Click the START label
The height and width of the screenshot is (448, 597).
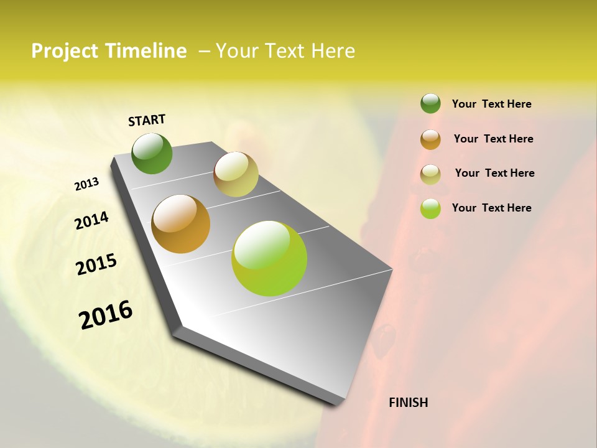(147, 120)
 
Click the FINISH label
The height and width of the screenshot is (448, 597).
(408, 403)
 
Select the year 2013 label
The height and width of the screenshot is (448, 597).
(86, 184)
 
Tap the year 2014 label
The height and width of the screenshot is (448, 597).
(91, 221)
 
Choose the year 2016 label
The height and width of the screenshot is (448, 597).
(106, 315)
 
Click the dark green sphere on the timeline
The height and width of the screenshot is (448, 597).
(152, 153)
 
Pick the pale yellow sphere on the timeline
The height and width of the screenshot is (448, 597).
(236, 174)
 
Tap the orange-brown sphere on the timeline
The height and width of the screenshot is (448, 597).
(181, 224)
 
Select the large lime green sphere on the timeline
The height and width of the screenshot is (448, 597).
(269, 258)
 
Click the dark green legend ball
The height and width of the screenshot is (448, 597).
(430, 103)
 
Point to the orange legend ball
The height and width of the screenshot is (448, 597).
(430, 139)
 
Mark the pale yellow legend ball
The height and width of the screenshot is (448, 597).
(430, 174)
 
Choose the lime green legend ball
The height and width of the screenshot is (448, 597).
(430, 208)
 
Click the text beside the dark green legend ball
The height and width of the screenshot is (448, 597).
(491, 104)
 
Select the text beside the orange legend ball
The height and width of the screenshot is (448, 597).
(493, 139)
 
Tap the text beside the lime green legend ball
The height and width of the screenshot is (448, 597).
(491, 208)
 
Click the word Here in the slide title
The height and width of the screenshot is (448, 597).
(333, 51)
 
